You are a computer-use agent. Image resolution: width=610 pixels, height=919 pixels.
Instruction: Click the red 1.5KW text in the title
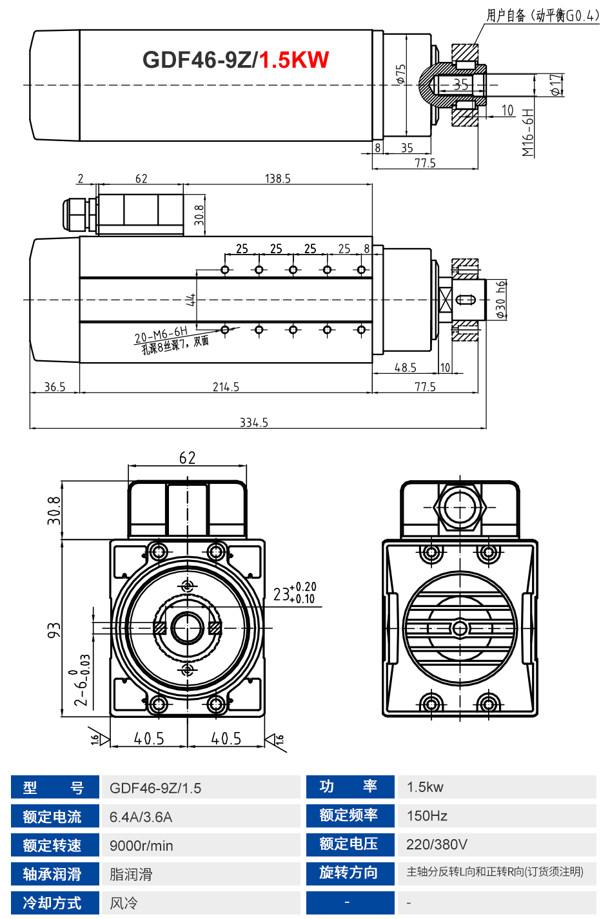pos(293,60)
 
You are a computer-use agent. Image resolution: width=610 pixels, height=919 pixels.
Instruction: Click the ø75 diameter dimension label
pos(401,74)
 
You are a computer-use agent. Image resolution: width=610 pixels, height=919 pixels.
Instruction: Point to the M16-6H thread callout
pos(529,133)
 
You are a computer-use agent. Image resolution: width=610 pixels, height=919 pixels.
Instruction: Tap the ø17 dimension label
pos(556,84)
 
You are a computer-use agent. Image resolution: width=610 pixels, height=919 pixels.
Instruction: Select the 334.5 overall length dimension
pos(253,423)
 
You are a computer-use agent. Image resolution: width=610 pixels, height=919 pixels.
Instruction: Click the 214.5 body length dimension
pos(226,387)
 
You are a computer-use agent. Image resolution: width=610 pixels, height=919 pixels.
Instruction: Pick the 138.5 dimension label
pos(277,179)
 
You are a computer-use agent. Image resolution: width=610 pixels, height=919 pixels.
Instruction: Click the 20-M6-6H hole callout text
pos(161,335)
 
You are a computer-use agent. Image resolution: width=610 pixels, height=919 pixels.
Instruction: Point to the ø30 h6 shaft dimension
pos(501,299)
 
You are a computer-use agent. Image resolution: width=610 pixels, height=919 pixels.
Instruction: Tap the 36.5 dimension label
pos(55,387)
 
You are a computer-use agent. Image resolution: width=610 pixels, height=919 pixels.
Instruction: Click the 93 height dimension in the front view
pos(54,630)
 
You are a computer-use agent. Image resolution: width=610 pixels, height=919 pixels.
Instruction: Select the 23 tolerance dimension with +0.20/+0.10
pos(294,593)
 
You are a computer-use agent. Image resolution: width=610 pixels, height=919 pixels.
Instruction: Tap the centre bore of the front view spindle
pos(187,627)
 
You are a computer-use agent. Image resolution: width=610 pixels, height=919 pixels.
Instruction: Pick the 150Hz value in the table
pos(427,816)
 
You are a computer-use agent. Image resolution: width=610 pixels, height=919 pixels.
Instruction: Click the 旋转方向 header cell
pos(349,873)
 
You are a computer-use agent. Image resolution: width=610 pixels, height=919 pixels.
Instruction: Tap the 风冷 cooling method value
pos(124,903)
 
